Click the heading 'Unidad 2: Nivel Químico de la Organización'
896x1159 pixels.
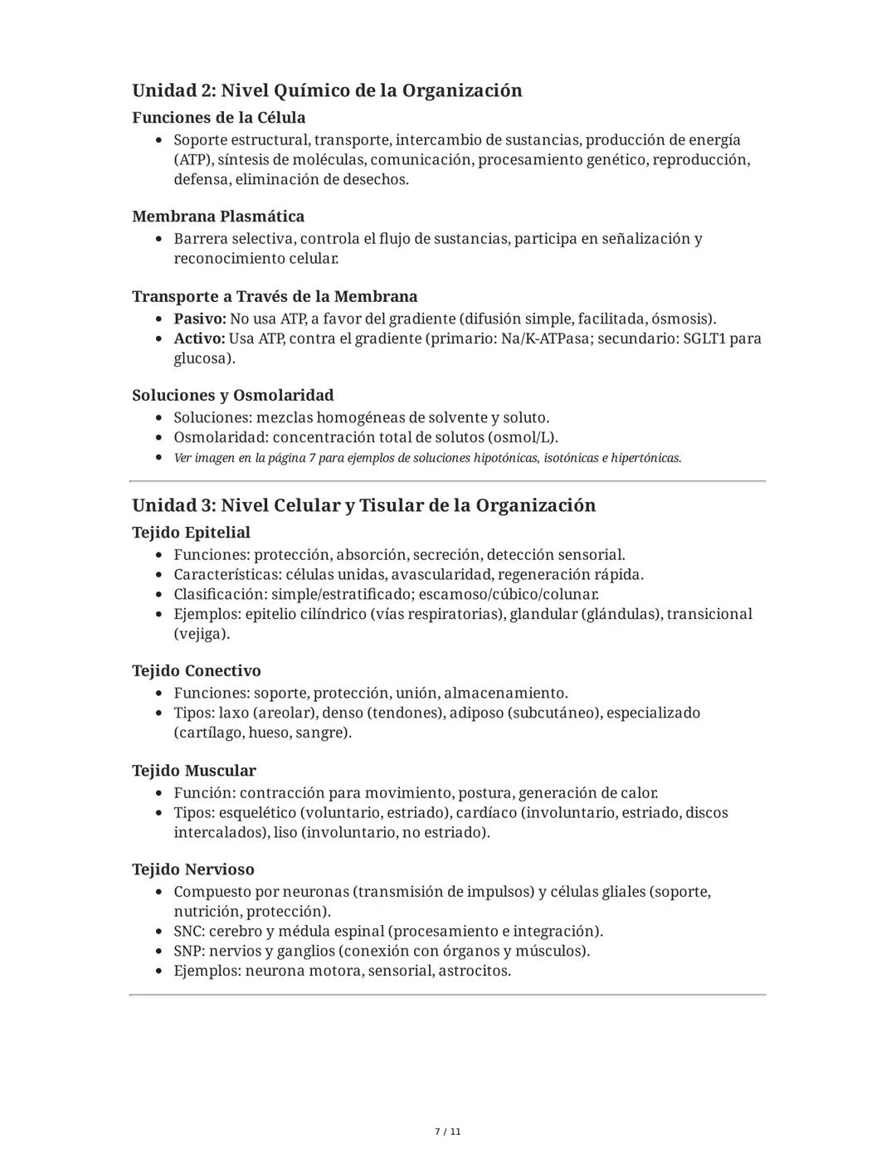click(x=327, y=90)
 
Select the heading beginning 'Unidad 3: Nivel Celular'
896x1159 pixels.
click(x=363, y=505)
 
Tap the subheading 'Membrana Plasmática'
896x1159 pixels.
click(x=218, y=217)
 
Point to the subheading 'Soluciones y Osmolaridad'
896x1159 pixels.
click(x=233, y=395)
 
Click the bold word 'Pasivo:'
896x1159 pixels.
click(x=199, y=319)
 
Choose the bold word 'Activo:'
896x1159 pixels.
click(x=199, y=338)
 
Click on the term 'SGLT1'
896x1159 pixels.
click(x=705, y=338)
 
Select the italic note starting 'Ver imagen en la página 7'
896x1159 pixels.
click(x=427, y=458)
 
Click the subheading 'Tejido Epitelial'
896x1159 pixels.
click(x=191, y=532)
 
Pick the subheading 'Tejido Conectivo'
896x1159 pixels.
click(x=197, y=670)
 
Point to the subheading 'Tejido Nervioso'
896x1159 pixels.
click(x=193, y=869)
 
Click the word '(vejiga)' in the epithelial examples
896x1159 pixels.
click(x=202, y=634)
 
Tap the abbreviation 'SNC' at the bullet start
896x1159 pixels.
click(x=188, y=931)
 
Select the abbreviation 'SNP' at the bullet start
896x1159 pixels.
click(x=188, y=951)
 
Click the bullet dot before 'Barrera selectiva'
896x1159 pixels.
click(x=158, y=239)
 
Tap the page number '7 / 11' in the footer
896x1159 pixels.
click(x=448, y=1132)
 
